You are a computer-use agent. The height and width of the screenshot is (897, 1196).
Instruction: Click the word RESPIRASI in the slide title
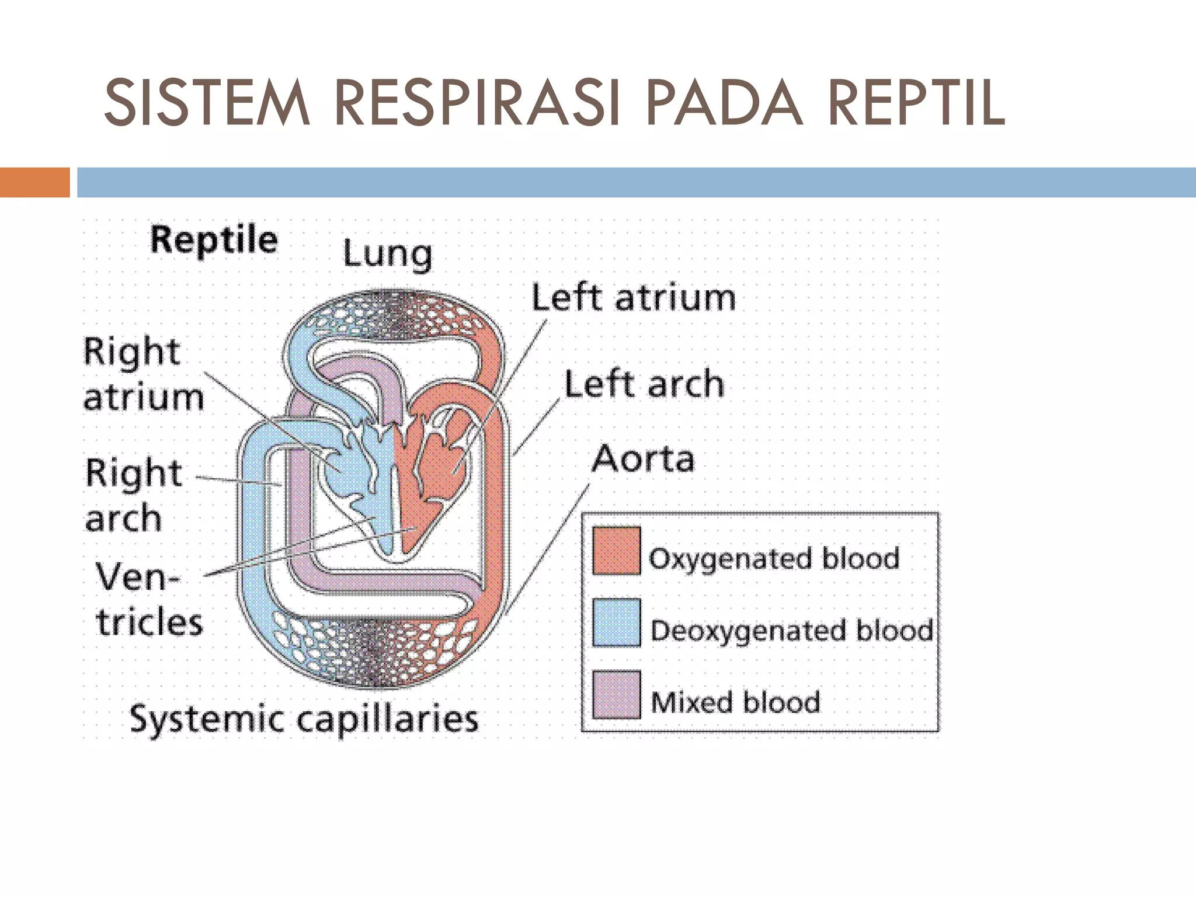pyautogui.click(x=476, y=104)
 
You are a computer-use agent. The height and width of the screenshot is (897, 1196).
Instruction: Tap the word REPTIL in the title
pyautogui.click(x=917, y=104)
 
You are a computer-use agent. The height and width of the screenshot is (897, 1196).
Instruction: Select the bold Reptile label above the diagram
pyautogui.click(x=214, y=240)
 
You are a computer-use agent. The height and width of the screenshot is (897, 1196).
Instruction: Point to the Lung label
pyautogui.click(x=387, y=255)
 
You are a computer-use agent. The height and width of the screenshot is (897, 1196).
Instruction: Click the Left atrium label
pyautogui.click(x=634, y=298)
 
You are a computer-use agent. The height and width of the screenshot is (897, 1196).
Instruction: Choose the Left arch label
pyautogui.click(x=644, y=384)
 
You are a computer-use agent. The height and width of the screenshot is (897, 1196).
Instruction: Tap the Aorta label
pyautogui.click(x=643, y=459)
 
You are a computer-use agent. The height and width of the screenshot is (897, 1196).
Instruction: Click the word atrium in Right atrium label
pyautogui.click(x=144, y=398)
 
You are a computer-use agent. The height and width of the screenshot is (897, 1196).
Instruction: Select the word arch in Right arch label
pyautogui.click(x=123, y=518)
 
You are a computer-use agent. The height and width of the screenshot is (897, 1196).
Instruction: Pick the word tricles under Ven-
pyautogui.click(x=149, y=622)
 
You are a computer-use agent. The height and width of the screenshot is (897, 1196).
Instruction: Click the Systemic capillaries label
pyautogui.click(x=304, y=719)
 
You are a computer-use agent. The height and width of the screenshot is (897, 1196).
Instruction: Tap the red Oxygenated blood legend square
pyautogui.click(x=616, y=551)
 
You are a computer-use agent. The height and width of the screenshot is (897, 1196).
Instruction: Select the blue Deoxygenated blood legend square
pyautogui.click(x=616, y=623)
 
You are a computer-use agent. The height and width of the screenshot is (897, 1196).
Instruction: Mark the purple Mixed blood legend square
pyautogui.click(x=616, y=694)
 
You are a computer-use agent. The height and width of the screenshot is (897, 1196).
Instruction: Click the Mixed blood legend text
pyautogui.click(x=735, y=701)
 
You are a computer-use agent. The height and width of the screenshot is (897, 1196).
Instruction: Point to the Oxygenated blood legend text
pyautogui.click(x=774, y=558)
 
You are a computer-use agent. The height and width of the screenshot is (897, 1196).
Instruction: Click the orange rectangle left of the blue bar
pyautogui.click(x=34, y=182)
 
